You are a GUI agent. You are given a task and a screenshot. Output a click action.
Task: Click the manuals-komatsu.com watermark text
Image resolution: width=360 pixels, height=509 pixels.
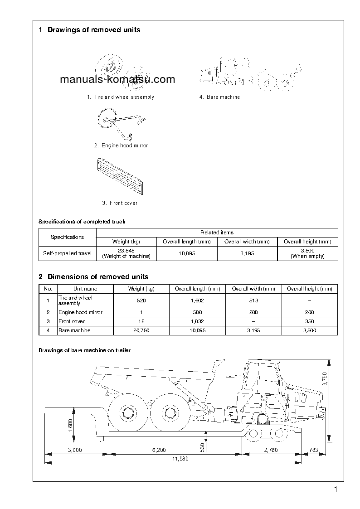[117, 80]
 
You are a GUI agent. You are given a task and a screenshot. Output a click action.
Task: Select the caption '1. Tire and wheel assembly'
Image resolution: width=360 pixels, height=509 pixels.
[121, 97]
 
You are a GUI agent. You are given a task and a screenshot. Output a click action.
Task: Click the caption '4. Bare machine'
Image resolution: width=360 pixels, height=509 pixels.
[219, 97]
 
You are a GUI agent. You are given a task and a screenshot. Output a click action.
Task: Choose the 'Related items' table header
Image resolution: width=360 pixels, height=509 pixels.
[217, 233]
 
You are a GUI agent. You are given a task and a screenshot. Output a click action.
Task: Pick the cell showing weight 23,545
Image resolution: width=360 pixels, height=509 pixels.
[126, 253]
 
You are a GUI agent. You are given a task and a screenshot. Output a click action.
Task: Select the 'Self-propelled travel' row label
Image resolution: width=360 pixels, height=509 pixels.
[67, 253]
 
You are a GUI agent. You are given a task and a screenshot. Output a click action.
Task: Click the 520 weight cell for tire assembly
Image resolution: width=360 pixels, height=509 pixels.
[141, 301]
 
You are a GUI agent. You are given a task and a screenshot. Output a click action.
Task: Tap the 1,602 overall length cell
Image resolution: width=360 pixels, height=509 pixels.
[197, 301]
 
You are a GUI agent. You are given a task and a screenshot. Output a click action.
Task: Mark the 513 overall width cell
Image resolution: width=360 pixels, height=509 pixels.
[253, 301]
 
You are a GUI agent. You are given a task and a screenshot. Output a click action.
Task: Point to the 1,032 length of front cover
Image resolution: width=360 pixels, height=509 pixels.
[197, 321]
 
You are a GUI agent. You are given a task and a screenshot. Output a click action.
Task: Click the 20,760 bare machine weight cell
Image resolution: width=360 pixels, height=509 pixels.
[141, 330]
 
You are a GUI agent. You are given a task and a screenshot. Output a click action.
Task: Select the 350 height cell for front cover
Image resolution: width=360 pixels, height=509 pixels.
[309, 321]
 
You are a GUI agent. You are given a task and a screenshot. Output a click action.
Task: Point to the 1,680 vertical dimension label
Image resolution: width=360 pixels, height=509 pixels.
[71, 425]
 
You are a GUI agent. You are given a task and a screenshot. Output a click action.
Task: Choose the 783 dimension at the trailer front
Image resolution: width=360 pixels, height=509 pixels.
[313, 450]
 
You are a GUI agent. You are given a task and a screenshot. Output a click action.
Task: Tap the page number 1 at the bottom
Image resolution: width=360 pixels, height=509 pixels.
[336, 489]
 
